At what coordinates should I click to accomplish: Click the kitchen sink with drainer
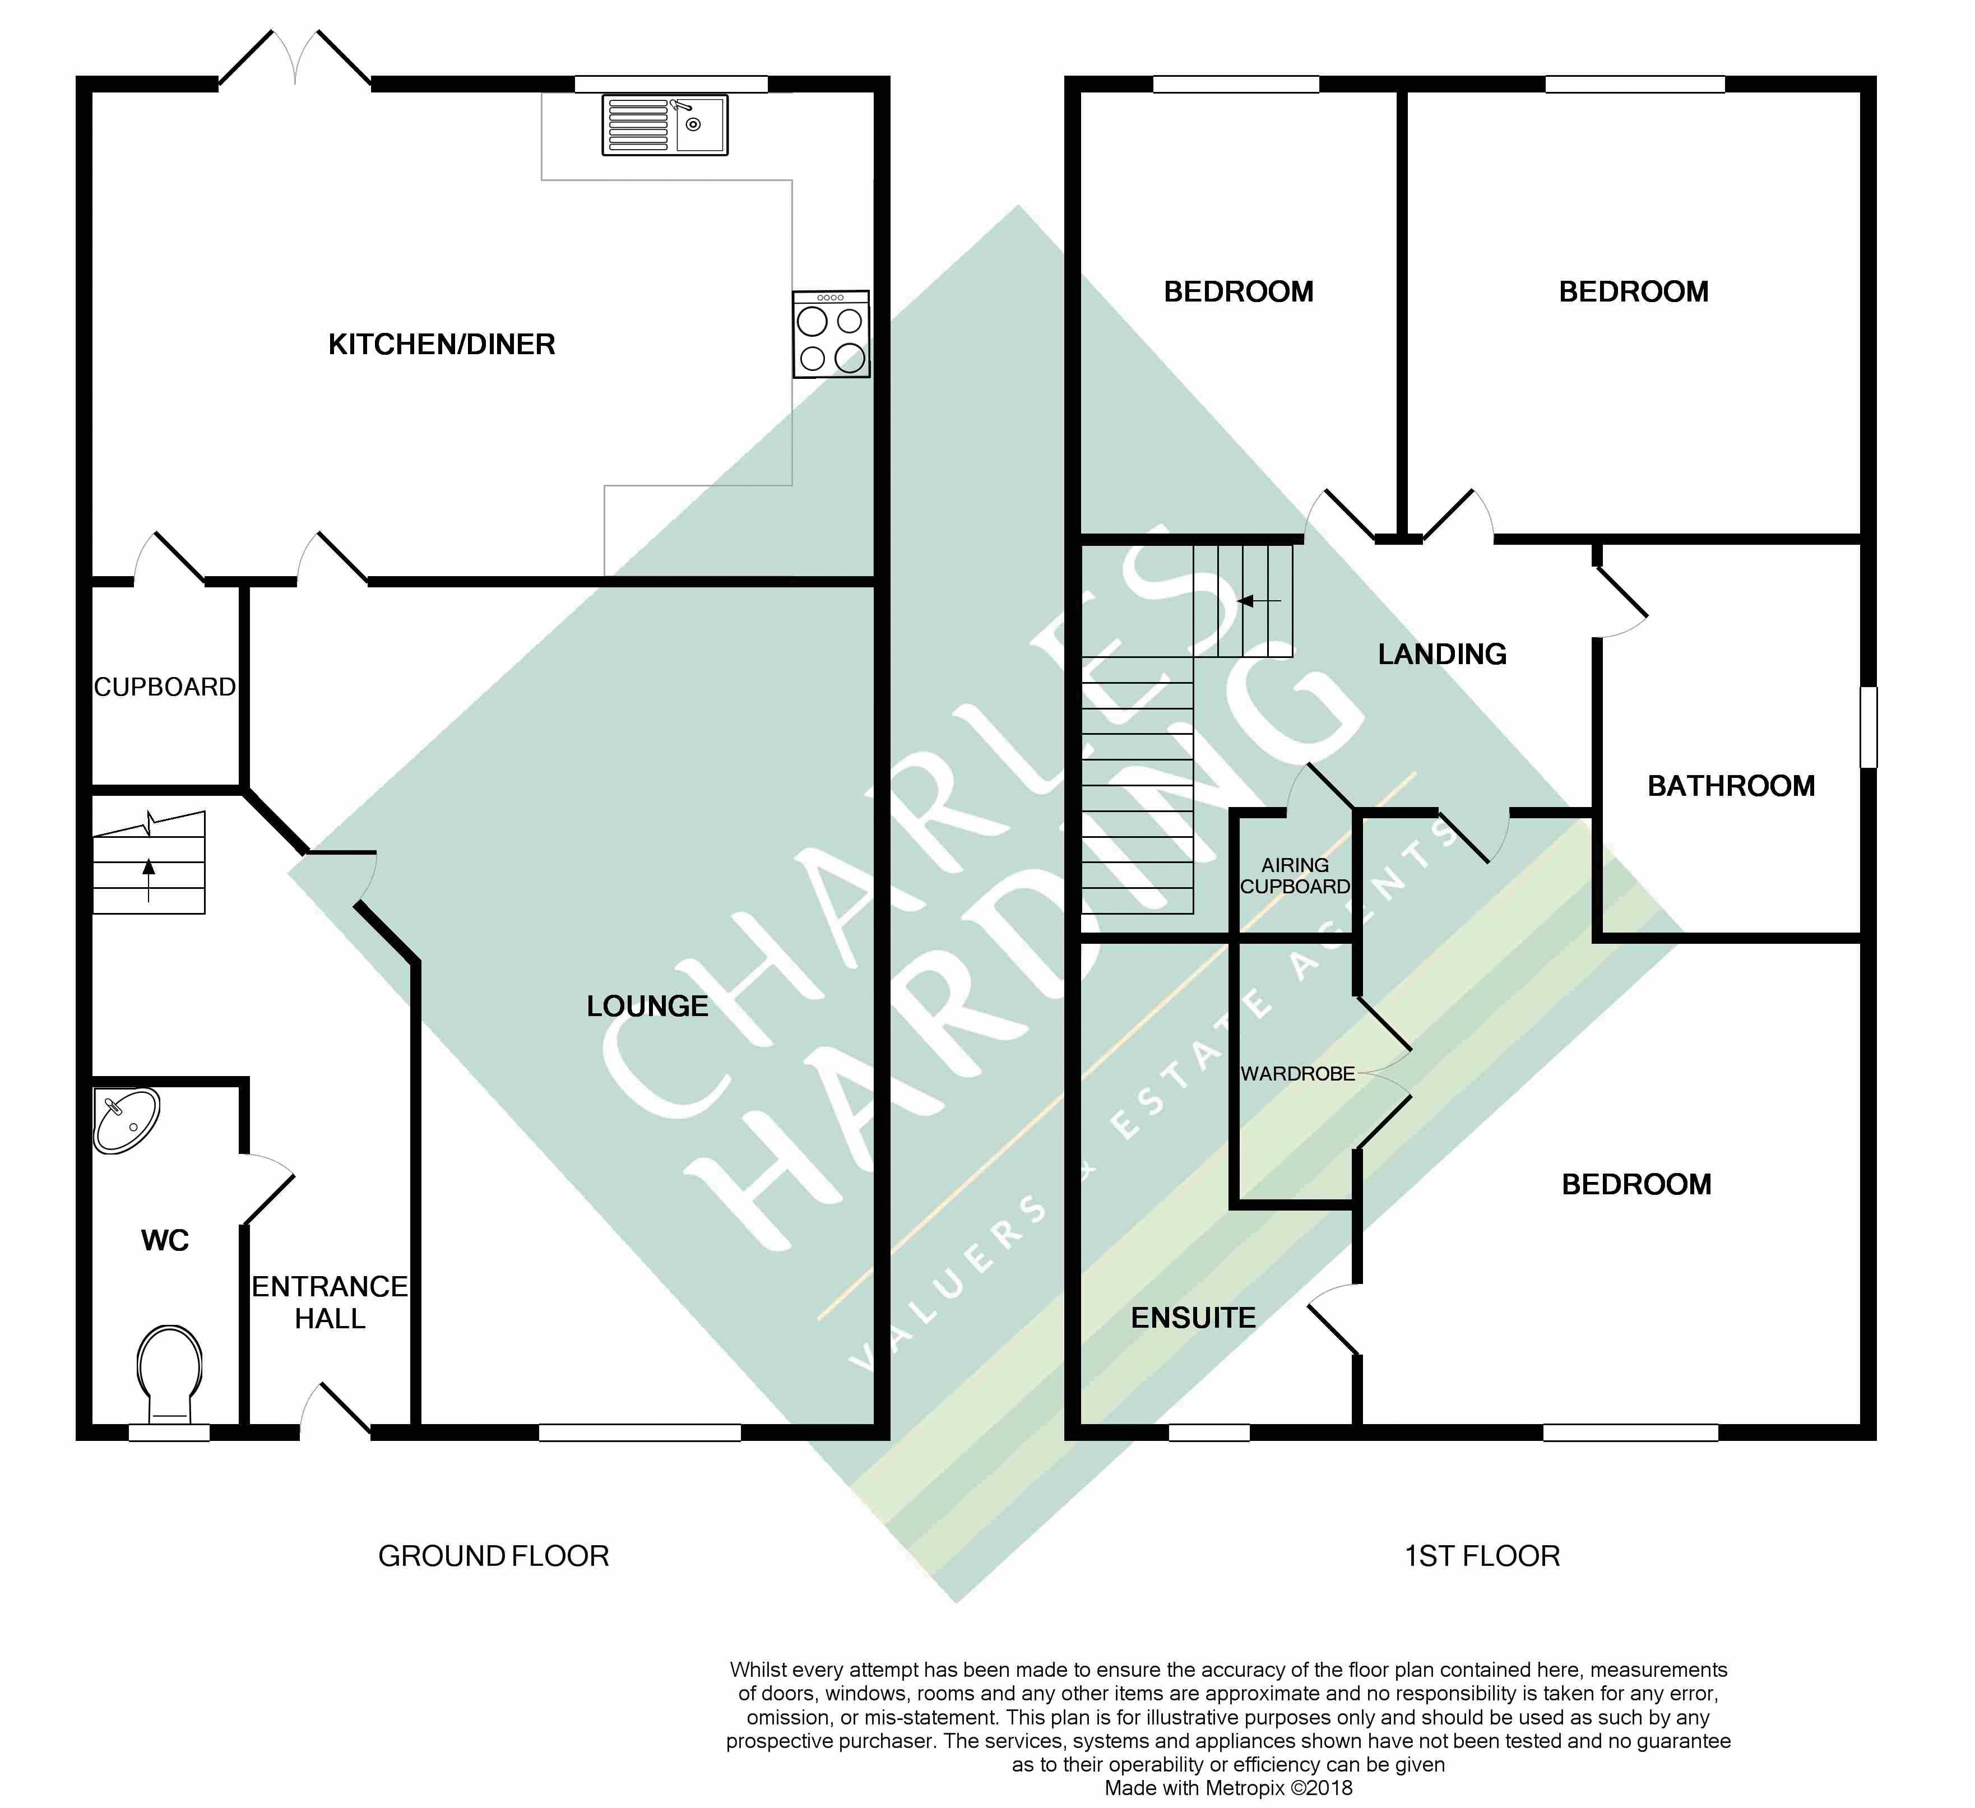(665, 126)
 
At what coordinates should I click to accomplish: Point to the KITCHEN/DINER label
(442, 345)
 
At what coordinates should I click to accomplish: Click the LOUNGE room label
(647, 1006)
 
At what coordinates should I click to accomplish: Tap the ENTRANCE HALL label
(330, 1302)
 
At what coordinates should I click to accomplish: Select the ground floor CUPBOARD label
(165, 688)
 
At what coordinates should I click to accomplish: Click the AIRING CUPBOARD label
(1295, 875)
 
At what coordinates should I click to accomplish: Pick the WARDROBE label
(1298, 1074)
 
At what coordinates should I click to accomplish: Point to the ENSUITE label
(1193, 1318)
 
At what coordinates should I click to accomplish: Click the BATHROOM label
(1731, 786)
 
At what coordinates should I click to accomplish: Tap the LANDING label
(1442, 654)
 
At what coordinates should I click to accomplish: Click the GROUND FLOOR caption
(494, 1556)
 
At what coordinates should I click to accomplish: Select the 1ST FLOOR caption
(1482, 1556)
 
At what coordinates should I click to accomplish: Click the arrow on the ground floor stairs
(149, 879)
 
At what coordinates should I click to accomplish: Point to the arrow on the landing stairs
(1259, 601)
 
